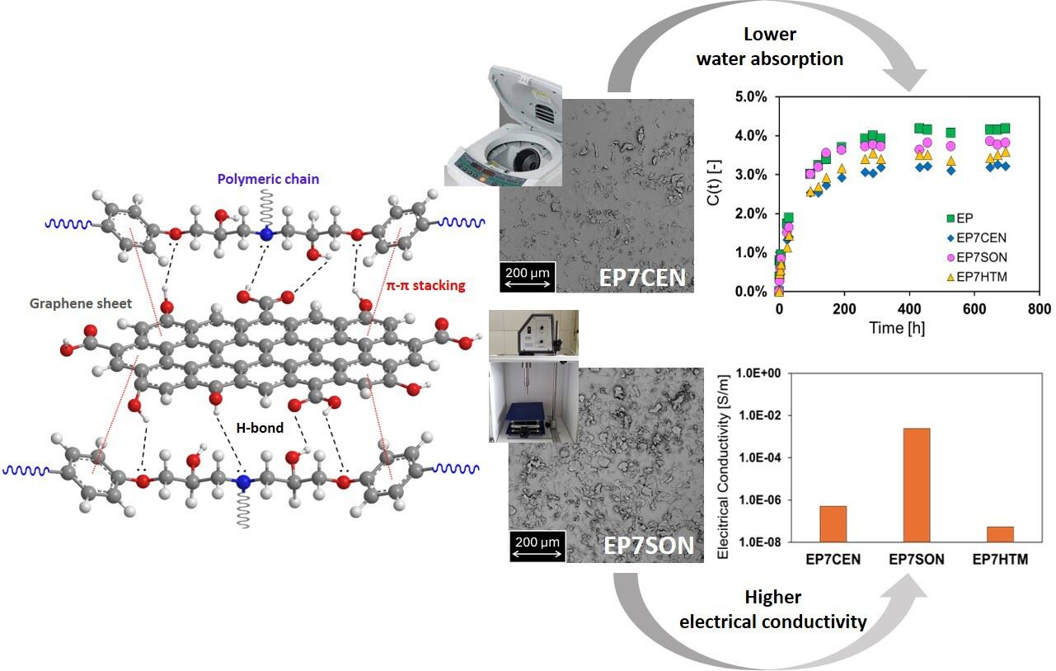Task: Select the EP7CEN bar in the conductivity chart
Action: pyautogui.click(x=833, y=523)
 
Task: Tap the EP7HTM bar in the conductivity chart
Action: pyautogui.click(x=1000, y=533)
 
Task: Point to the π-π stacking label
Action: pyautogui.click(x=425, y=286)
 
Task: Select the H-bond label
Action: pyautogui.click(x=263, y=428)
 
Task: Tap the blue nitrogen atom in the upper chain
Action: pyautogui.click(x=265, y=236)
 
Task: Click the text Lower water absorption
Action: pyautogui.click(x=769, y=47)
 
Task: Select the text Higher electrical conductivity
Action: pyautogui.click(x=772, y=609)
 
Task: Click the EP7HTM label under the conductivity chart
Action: pyautogui.click(x=1000, y=560)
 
